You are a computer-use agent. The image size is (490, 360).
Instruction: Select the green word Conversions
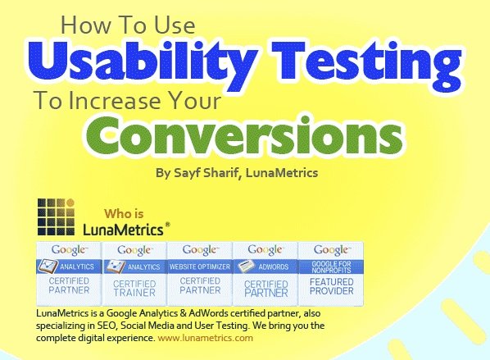[243, 135]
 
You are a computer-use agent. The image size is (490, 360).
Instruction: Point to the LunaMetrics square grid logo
[57, 216]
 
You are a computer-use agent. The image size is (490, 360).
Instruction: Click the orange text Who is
[124, 214]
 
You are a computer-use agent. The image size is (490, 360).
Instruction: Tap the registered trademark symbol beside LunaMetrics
[167, 225]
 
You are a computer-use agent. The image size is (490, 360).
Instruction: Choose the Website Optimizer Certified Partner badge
[200, 273]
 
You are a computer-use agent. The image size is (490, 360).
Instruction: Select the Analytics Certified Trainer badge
[134, 274]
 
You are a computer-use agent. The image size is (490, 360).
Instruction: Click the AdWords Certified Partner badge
[265, 274]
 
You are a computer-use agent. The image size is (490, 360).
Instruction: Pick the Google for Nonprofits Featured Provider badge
[331, 273]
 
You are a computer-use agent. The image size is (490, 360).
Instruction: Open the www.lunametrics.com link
[206, 338]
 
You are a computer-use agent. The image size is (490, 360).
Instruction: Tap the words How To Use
[128, 25]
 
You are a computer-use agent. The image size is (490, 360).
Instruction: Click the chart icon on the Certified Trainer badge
[116, 267]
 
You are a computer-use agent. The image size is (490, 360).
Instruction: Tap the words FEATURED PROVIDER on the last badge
[331, 286]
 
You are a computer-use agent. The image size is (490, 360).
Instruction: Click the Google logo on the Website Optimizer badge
[200, 250]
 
